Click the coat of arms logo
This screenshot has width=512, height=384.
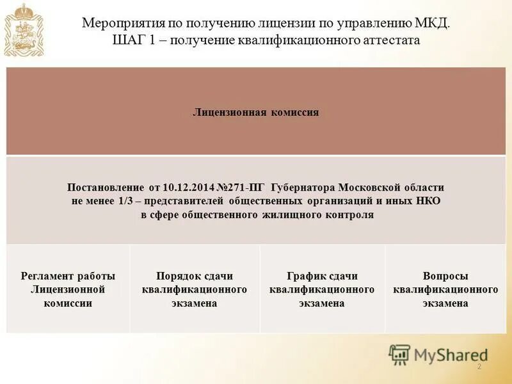pyautogui.click(x=23, y=30)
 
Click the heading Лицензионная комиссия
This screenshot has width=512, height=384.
pyautogui.click(x=256, y=112)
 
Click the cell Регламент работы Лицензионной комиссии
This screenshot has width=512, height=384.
pyautogui.click(x=68, y=289)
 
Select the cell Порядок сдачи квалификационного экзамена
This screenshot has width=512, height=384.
pyautogui.click(x=195, y=289)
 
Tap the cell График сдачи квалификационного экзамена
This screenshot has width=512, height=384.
pyautogui.click(x=322, y=289)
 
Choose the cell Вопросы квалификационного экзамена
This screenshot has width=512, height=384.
pyautogui.click(x=445, y=289)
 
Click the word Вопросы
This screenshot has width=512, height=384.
pyautogui.click(x=445, y=276)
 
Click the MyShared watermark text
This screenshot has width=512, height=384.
pyautogui.click(x=451, y=354)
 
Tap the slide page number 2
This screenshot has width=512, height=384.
pyautogui.click(x=479, y=367)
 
